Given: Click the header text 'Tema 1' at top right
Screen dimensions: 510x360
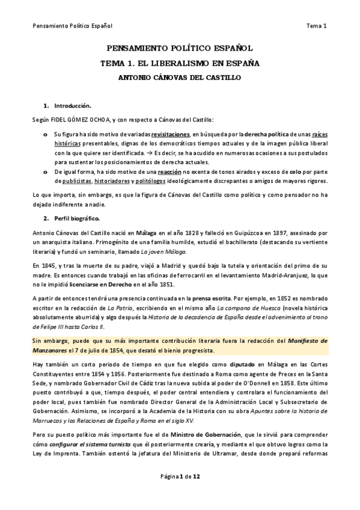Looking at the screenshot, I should click(x=316, y=26).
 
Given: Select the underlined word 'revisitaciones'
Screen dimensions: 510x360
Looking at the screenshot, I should click(x=170, y=134).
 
